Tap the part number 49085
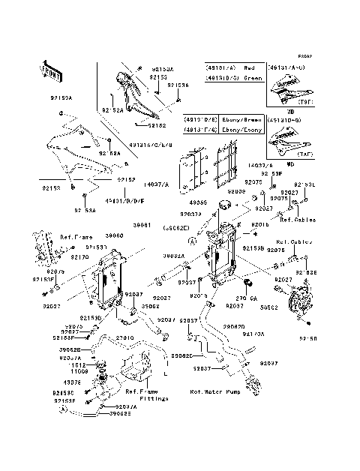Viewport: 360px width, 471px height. [197, 202]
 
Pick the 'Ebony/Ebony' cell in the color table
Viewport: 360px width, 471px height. [245, 130]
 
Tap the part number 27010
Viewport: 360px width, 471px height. [125, 339]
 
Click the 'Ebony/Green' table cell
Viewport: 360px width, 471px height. [245, 119]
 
